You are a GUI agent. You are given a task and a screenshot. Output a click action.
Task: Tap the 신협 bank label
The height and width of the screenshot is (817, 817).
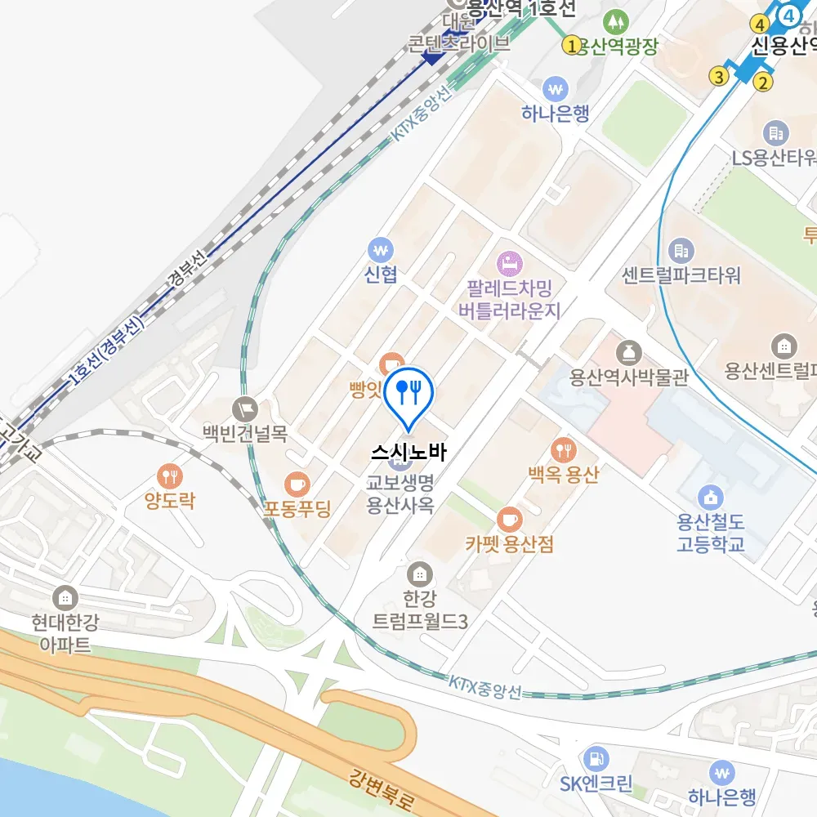pyautogui.click(x=381, y=275)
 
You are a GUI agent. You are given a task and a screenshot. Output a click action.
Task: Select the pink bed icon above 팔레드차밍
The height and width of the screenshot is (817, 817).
pyautogui.click(x=511, y=263)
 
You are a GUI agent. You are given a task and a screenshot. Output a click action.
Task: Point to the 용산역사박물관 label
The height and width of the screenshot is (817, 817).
pyautogui.click(x=629, y=377)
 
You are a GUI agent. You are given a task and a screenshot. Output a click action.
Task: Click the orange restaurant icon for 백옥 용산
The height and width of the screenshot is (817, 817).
pyautogui.click(x=563, y=449)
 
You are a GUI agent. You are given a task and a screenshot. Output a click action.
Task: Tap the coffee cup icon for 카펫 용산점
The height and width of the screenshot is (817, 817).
pyautogui.click(x=509, y=519)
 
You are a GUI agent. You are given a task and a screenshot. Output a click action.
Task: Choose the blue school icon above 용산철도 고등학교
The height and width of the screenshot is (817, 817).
pyautogui.click(x=711, y=496)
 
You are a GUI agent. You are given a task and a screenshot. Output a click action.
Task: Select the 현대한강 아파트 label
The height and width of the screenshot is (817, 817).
pyautogui.click(x=65, y=634)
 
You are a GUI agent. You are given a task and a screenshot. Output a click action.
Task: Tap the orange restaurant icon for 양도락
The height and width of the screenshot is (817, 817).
pyautogui.click(x=170, y=475)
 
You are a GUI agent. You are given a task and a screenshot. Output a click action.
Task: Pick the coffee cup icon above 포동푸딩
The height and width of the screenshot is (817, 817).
pyautogui.click(x=297, y=485)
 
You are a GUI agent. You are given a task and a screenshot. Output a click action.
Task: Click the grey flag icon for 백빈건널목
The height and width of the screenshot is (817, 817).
pyautogui.click(x=244, y=406)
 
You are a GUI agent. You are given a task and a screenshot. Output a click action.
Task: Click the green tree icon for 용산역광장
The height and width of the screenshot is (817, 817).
pyautogui.click(x=613, y=20)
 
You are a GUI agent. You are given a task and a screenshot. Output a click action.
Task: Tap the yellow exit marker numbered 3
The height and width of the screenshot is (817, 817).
pyautogui.click(x=718, y=77)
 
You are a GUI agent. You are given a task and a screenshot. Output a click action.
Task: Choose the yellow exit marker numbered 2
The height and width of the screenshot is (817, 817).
pyautogui.click(x=763, y=81)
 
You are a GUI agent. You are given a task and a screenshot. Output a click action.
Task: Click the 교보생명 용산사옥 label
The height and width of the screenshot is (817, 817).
pyautogui.click(x=400, y=493)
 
